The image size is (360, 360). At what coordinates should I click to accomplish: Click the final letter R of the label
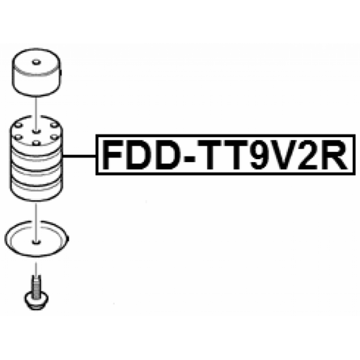(x=336, y=155)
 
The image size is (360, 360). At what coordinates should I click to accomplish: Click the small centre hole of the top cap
(x=36, y=62)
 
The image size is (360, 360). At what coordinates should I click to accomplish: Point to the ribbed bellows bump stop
(x=36, y=158)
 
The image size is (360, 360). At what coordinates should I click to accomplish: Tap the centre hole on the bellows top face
(x=36, y=131)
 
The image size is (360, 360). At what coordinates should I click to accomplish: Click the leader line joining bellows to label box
(x=79, y=156)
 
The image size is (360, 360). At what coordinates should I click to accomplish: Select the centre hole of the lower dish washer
(x=36, y=242)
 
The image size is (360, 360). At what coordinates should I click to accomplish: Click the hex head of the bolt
(x=36, y=301)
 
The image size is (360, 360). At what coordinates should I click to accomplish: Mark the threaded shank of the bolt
(x=36, y=287)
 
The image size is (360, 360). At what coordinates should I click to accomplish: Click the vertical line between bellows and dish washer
(x=36, y=221)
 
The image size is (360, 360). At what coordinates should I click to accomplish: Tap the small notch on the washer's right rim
(x=68, y=239)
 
